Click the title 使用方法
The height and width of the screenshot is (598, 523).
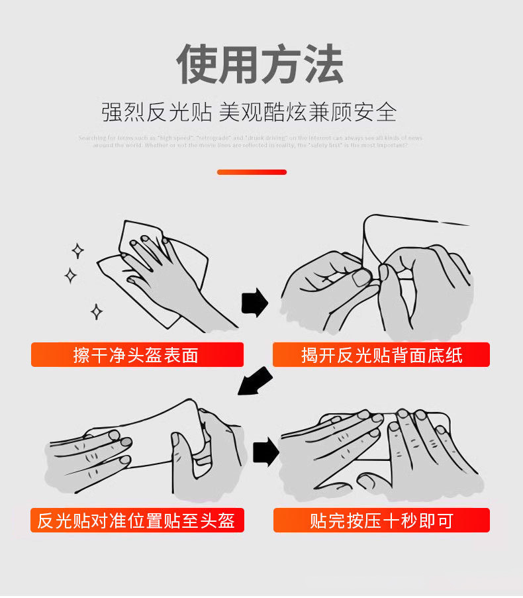(x=260, y=64)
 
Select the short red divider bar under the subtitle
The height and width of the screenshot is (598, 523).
(x=252, y=172)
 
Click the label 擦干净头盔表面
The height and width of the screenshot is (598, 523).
(x=136, y=355)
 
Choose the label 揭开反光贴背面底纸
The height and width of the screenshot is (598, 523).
(x=381, y=355)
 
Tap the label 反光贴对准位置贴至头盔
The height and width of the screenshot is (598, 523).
(x=136, y=521)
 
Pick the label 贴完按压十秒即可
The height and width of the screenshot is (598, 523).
(x=381, y=521)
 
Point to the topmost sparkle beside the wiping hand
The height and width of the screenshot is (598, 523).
(x=77, y=250)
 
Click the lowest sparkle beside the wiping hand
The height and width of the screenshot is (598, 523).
(x=96, y=311)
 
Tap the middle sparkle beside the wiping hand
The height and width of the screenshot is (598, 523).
(x=70, y=275)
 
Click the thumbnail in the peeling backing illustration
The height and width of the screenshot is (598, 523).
(x=361, y=277)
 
